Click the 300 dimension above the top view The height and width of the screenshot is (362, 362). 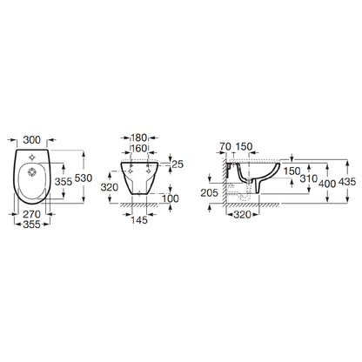(32, 140)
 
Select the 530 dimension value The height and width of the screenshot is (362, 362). (84, 178)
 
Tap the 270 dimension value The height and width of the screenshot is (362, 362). (32, 214)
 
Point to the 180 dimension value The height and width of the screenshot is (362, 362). (139, 137)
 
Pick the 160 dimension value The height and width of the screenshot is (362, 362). (139, 148)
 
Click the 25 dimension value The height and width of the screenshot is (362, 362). (178, 164)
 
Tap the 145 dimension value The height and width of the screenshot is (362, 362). (139, 220)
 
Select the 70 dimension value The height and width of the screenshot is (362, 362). (225, 146)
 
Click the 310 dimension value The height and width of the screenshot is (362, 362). (309, 178)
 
